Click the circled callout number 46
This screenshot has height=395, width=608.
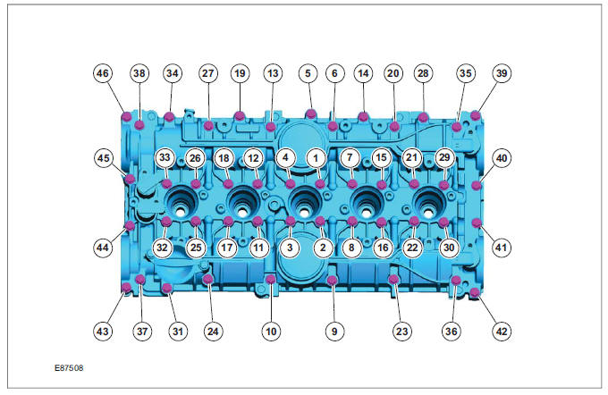(x=104, y=73)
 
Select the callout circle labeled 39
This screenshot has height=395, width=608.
(x=502, y=73)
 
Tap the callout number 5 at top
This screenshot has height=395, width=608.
(x=308, y=73)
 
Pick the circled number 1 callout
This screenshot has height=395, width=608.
(x=314, y=157)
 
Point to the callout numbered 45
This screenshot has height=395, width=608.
(x=104, y=157)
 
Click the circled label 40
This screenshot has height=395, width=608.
(x=502, y=157)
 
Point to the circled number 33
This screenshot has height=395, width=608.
(x=165, y=157)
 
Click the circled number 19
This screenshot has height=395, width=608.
(x=240, y=73)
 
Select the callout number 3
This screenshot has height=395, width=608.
(x=289, y=246)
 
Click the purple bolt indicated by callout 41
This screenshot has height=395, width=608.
(x=476, y=222)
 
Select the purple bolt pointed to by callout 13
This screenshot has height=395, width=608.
(x=271, y=127)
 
